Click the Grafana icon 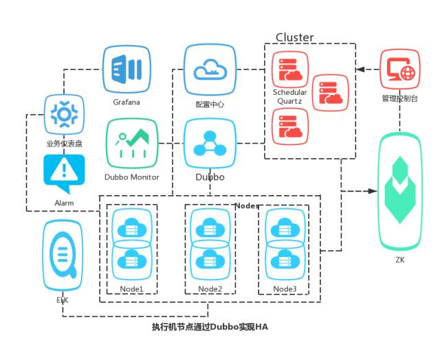coord(126,69)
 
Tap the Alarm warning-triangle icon coord(64,172)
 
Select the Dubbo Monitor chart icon coord(132,142)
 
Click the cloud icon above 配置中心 coord(210,69)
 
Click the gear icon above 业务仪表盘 coord(64,114)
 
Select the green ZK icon coord(400,190)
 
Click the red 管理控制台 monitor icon coord(399,69)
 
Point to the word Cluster coord(294,37)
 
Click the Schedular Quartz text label coord(289,96)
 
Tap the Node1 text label coord(131,289)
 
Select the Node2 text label coord(210,289)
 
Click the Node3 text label coord(285,289)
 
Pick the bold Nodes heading coord(247,205)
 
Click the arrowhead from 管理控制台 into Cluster coord(360,69)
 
